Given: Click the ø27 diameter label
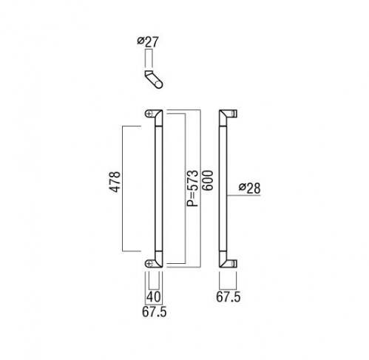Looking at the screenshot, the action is [148, 42].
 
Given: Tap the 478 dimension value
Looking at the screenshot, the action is [115, 182].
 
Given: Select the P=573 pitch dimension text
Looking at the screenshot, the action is [192, 188].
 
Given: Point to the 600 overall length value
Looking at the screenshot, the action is [207, 180].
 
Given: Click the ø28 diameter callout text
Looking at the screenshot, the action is [249, 188].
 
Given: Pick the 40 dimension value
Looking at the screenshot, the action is [154, 296].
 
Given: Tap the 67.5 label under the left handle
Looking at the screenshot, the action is [155, 312].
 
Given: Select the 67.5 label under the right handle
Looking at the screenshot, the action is [228, 297].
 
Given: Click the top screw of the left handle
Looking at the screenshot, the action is [149, 113].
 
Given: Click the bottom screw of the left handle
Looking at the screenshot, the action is [149, 263].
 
